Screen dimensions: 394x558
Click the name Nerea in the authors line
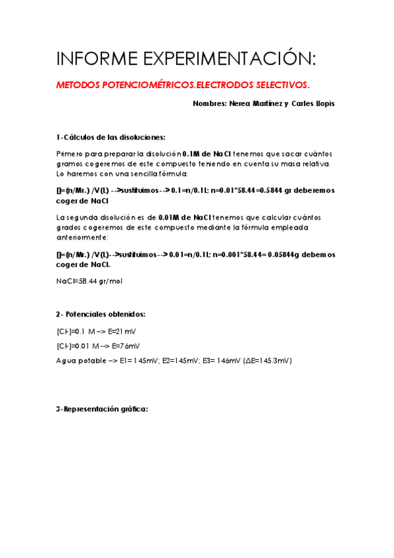coord(237,103)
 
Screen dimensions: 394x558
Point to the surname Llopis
coord(322,103)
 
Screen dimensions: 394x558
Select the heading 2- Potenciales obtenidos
coord(101,315)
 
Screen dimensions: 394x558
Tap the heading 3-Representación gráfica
coord(102,409)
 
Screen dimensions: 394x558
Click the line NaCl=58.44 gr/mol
coord(89,281)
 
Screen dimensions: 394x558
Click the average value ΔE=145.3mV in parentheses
coord(267,361)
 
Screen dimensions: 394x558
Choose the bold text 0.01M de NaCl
coord(185,218)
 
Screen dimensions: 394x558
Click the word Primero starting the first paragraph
coord(71,153)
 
